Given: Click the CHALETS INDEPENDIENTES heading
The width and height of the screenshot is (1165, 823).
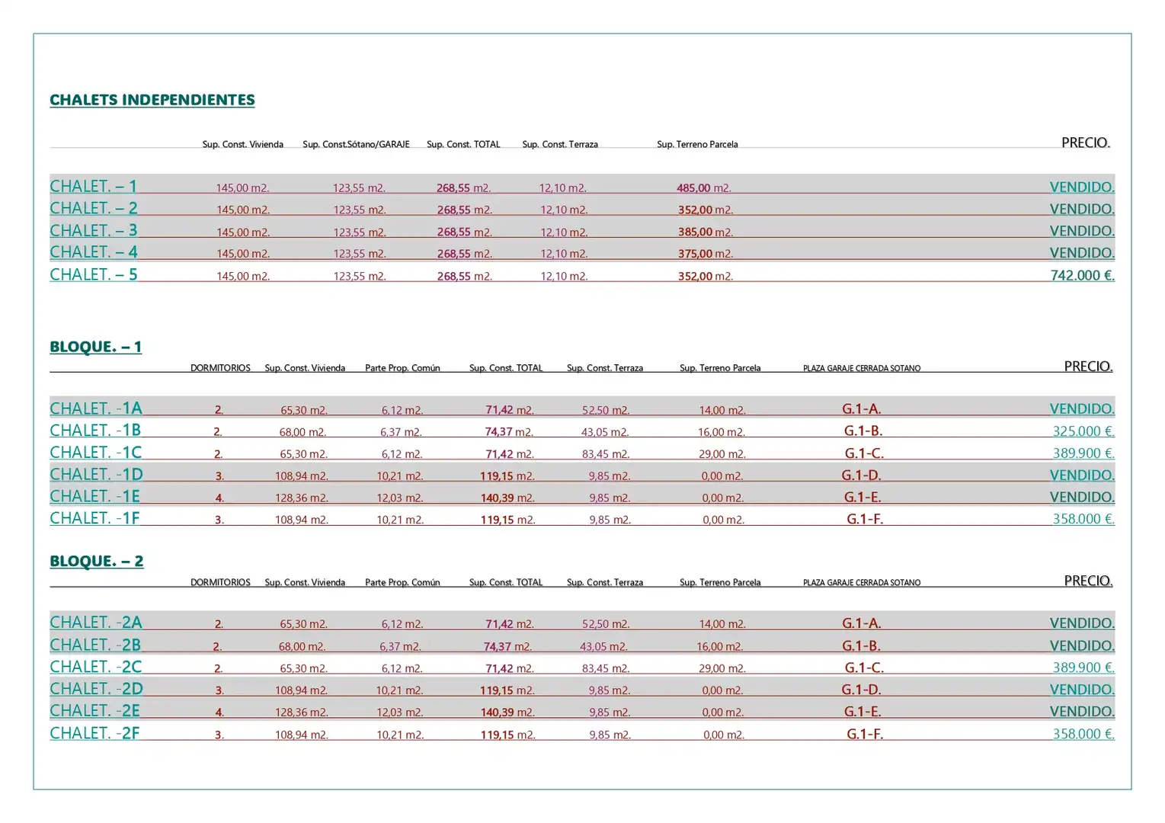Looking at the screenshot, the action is coord(152,100).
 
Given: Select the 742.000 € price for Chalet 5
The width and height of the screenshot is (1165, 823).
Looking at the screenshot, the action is coord(1082,275).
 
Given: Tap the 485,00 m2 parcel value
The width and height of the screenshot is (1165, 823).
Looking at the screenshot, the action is coord(704,187).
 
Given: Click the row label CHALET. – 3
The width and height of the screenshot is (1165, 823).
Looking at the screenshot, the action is coord(94,230).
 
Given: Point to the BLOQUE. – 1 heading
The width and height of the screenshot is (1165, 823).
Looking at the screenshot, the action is coord(96,347).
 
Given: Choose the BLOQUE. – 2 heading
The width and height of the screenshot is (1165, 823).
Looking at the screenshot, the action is coord(97,561).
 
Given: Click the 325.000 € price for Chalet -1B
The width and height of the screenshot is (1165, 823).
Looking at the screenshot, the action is coord(1083,431).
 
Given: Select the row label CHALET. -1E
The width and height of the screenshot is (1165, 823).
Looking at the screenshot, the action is coord(94,496).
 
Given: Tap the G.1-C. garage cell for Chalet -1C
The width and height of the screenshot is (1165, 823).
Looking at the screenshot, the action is coord(864,453).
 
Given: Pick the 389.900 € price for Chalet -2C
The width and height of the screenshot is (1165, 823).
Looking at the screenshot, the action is coord(1083,667).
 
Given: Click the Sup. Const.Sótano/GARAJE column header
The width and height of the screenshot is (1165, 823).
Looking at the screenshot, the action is coord(356,144).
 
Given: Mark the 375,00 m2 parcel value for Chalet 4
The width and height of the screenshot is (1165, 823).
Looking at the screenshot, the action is coord(706,254).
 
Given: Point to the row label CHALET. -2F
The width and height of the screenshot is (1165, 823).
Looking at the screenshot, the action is coord(94,733).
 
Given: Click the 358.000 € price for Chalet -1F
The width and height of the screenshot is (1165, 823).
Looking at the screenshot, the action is coord(1083,519).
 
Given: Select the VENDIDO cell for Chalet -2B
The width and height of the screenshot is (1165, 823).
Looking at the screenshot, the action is coord(1082,645).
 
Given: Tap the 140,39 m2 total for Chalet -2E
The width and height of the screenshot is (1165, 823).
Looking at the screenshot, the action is coord(507,712).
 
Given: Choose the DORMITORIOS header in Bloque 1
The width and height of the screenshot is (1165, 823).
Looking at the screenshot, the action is coord(220,368).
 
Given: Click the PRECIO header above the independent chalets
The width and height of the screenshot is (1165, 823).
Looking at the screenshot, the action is coord(1086,143).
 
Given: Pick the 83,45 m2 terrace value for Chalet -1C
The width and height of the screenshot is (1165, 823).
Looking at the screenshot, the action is coord(606,453).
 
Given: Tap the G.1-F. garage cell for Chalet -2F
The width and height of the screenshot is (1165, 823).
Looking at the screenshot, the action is coord(864,734).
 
